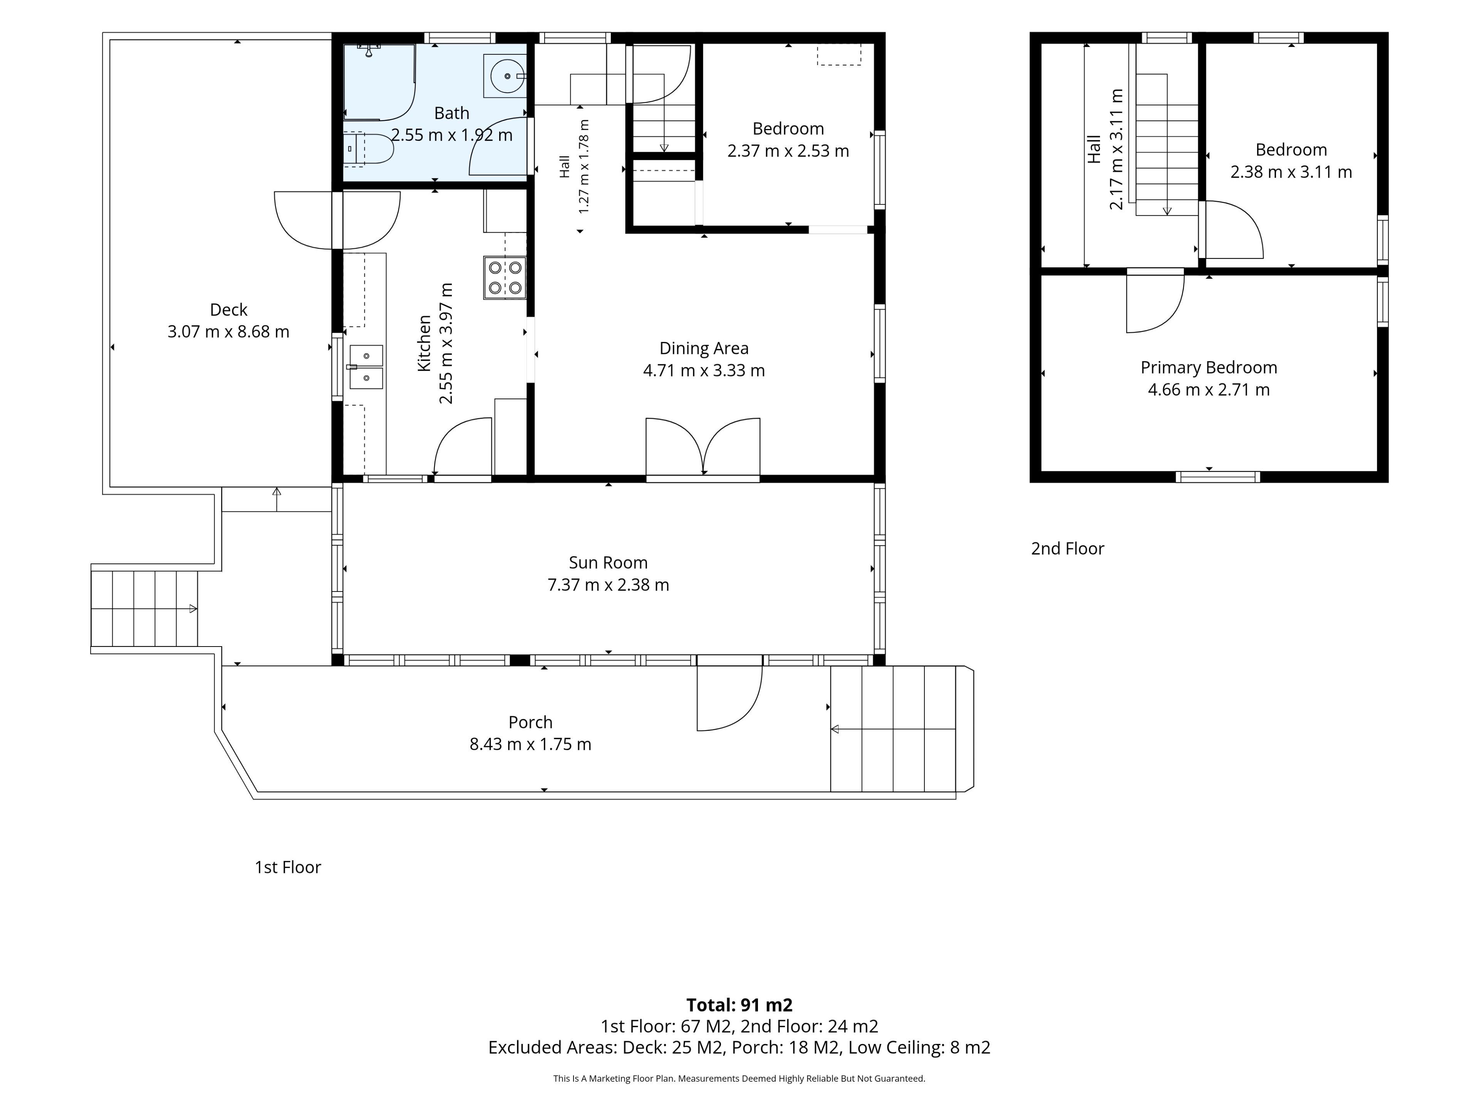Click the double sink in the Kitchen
pyautogui.click(x=366, y=367)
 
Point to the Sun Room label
pyautogui.click(x=608, y=563)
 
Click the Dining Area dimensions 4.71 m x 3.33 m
pyautogui.click(x=704, y=370)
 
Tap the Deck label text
pyautogui.click(x=229, y=310)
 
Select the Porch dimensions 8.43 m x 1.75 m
pyautogui.click(x=530, y=744)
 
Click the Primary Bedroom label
pyautogui.click(x=1209, y=368)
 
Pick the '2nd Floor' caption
pyautogui.click(x=1067, y=549)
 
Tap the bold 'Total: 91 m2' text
pyautogui.click(x=739, y=1005)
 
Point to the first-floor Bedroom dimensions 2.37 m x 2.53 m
pyautogui.click(x=788, y=151)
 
